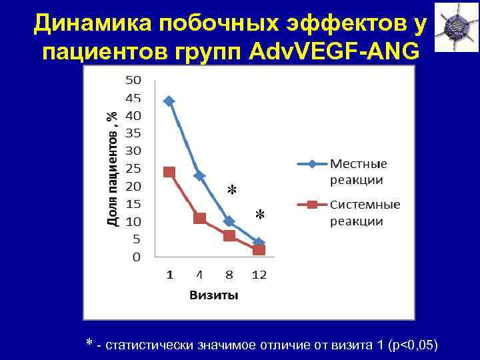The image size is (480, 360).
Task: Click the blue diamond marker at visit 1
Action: pos(169,101)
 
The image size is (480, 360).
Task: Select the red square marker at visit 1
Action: pos(169,171)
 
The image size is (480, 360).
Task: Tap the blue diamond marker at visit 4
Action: pos(199,175)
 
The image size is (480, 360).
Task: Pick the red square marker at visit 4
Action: pos(199,218)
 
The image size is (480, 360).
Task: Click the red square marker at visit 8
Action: pos(229,235)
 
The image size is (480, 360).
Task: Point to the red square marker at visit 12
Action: pos(259,250)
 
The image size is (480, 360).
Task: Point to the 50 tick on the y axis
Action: pos(133,80)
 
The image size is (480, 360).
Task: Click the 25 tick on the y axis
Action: pos(133,168)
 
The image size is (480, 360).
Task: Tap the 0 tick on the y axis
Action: pos(136,257)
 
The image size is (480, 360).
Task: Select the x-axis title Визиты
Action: pos(214,295)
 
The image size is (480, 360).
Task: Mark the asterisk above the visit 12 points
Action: pos(260,215)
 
